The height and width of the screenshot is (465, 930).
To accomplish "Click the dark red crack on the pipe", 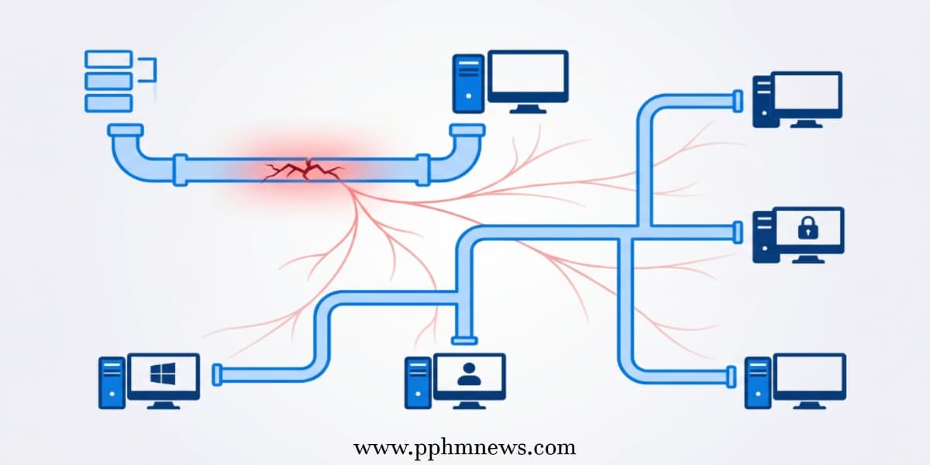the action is (305, 170).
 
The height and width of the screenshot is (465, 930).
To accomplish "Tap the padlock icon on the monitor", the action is (808, 228).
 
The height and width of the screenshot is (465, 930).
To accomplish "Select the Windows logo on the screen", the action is (163, 374).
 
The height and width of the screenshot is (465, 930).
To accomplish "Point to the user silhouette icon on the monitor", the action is (469, 374).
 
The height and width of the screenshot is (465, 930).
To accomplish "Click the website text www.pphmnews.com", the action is (464, 448).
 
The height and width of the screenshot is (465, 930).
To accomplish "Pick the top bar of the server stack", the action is (108, 59).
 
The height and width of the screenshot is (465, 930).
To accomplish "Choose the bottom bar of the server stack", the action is (108, 103).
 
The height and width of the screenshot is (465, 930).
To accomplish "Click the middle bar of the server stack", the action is (108, 81).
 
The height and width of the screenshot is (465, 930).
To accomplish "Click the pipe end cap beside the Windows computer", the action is (217, 375).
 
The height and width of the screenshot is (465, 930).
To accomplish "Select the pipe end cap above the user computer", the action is (464, 341).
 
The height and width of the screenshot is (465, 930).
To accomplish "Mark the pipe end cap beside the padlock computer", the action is (738, 232).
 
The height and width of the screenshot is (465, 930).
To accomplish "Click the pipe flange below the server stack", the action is (126, 130).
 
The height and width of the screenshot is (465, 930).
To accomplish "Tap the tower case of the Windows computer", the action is (112, 383).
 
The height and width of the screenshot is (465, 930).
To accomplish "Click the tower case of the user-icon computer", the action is (418, 383).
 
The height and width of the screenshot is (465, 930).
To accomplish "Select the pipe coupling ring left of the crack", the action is (180, 170).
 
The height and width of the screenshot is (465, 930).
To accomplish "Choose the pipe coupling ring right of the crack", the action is (423, 170).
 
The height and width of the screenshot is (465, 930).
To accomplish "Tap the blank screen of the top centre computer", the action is (528, 74).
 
